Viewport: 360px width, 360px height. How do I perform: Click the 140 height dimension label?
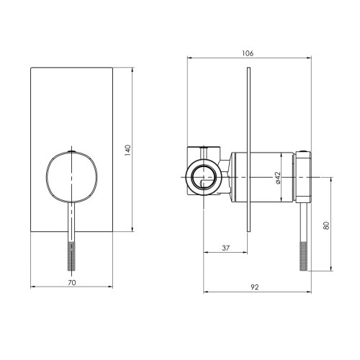click(x=128, y=151)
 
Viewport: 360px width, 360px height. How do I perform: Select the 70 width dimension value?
click(x=71, y=283)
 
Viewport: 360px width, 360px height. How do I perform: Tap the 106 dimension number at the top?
click(x=248, y=53)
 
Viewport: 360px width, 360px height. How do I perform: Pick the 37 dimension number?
click(x=226, y=248)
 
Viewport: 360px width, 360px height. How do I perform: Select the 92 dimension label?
click(x=256, y=287)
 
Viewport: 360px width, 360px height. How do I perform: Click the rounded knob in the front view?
click(x=71, y=177)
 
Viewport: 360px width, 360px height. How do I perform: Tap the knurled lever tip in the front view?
click(x=71, y=256)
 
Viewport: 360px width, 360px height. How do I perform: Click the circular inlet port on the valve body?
click(x=204, y=177)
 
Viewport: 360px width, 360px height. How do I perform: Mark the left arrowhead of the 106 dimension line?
click(x=189, y=58)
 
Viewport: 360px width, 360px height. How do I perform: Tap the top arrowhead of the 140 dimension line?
click(x=135, y=69)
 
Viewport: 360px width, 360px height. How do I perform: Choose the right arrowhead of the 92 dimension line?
click(x=309, y=292)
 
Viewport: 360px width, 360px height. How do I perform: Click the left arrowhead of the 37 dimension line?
click(x=206, y=253)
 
